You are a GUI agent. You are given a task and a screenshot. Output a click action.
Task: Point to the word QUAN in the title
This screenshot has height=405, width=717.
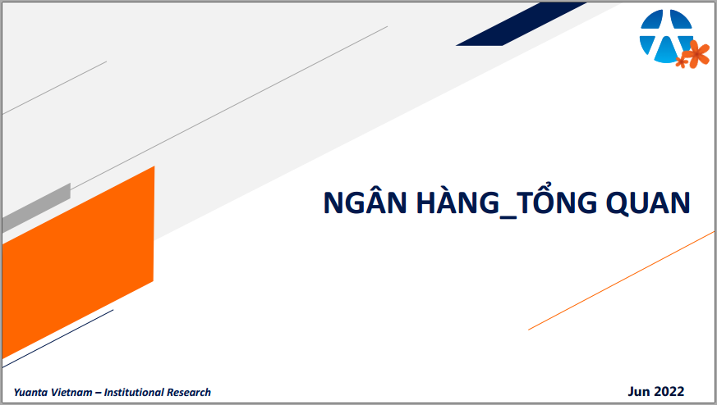point(648,202)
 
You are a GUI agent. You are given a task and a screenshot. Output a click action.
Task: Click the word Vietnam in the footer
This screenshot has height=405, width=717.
point(71,392)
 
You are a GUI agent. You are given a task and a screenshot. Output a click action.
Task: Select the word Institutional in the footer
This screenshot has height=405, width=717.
point(134,392)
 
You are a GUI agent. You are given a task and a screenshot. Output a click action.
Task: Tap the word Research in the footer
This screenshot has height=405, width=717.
point(188,392)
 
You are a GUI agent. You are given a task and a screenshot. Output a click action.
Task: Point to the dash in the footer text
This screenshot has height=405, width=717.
point(98,393)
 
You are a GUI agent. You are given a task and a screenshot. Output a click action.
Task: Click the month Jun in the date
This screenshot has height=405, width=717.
point(639,392)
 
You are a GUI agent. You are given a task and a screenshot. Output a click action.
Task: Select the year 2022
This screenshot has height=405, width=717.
point(669,391)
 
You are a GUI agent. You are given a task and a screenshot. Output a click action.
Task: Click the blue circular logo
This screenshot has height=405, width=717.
point(666,36)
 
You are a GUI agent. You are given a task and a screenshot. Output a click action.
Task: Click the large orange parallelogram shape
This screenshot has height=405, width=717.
point(78,262)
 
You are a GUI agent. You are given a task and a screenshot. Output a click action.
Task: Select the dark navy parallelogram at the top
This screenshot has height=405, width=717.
point(522,25)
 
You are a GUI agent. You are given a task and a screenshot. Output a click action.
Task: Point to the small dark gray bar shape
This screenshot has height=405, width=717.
point(36,208)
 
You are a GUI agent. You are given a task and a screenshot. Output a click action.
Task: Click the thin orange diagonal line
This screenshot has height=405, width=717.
point(621,281)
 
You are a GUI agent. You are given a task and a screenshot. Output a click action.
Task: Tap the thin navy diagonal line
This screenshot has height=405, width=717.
point(57,339)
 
